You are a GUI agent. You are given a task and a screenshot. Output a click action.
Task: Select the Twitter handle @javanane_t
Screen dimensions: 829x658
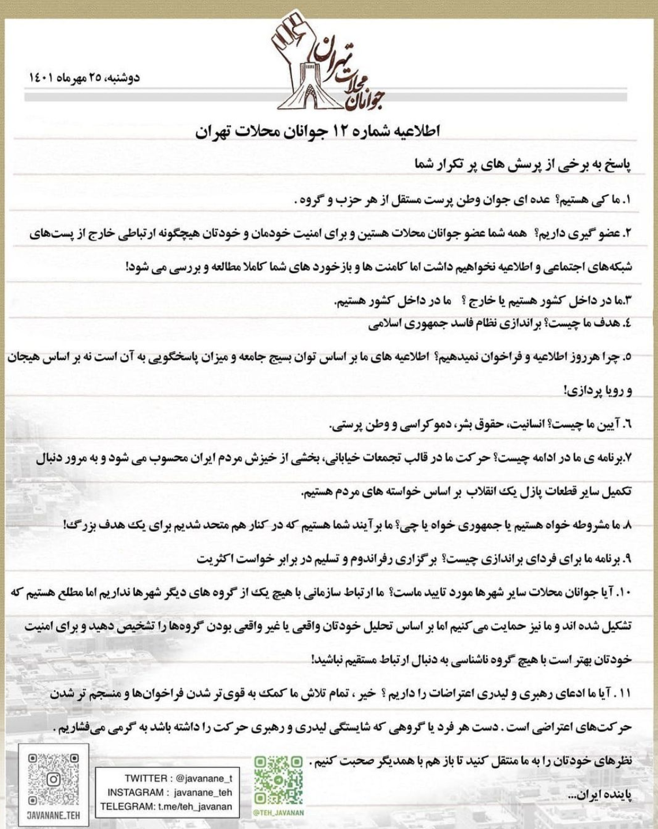pyautogui.click(x=204, y=779)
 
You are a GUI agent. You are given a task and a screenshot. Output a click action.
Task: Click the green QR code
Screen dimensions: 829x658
pyautogui.click(x=278, y=781)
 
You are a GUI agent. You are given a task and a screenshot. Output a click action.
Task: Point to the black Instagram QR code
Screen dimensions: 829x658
pyautogui.click(x=53, y=779)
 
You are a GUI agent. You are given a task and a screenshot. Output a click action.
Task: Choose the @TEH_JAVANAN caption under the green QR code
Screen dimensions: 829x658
pyautogui.click(x=278, y=813)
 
